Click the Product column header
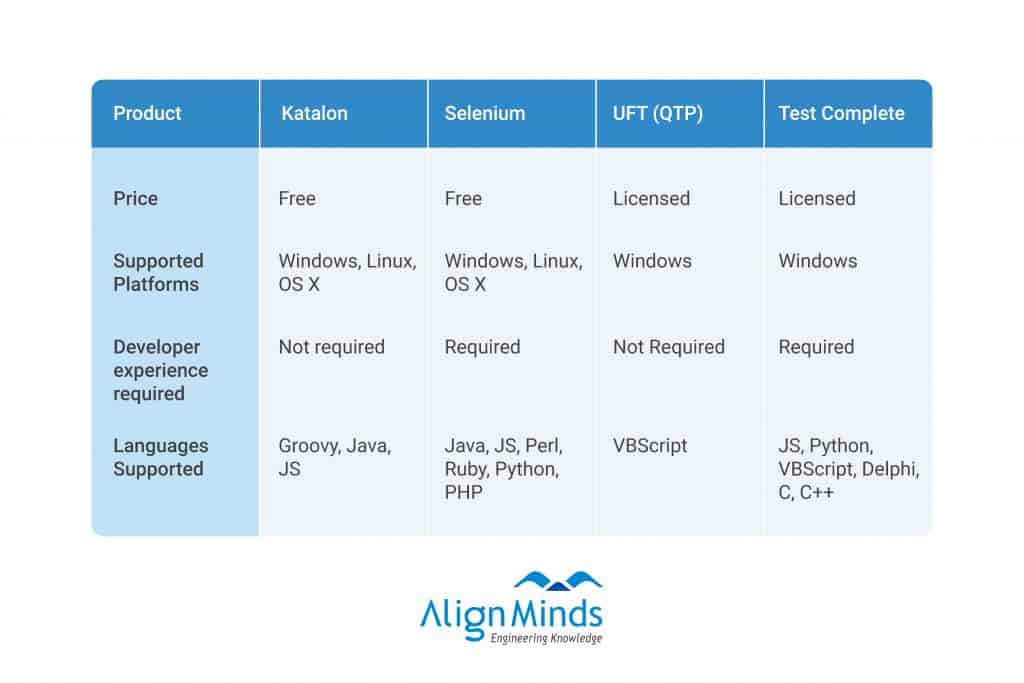pos(147,114)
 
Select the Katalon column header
pos(314,114)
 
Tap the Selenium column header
pos(485,114)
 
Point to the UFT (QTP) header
pos(658,114)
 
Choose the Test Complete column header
pos(841,114)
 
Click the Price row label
pos(135,199)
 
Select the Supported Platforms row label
pos(158,272)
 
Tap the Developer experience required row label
pos(161,370)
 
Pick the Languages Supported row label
pos(161,457)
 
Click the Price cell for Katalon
pos(297,199)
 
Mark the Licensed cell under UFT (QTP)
pos(651,199)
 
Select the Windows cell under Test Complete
pos(818,261)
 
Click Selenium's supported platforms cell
pos(513,272)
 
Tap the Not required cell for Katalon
pos(331,347)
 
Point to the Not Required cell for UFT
pos(669,347)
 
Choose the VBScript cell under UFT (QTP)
pos(650,446)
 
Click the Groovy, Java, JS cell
pos(334,457)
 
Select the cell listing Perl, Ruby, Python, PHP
pos(503,469)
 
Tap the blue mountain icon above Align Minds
pos(558,580)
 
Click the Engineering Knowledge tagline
pos(546,638)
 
